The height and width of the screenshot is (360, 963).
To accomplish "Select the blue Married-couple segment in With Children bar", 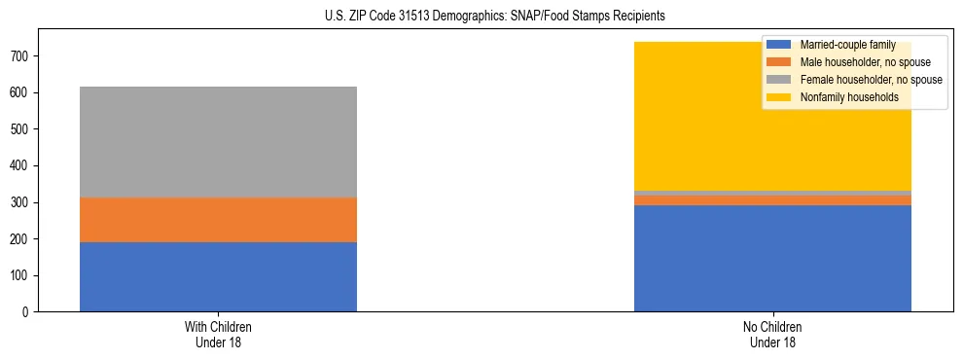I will pos(218,276).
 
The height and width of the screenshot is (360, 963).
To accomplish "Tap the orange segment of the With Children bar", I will pos(218,220).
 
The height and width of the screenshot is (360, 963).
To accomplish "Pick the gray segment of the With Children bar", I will pos(218,142).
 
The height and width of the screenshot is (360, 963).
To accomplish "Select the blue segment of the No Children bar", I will pos(772,258).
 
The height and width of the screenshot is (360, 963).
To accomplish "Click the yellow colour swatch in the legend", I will pos(779,97).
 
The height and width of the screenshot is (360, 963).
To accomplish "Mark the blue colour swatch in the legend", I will pos(779,45).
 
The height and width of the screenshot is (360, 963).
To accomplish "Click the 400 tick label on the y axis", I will pos(22,166).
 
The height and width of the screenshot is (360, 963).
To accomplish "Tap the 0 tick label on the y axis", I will pos(29,312).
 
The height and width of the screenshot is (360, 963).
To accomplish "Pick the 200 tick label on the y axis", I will pos(22,239).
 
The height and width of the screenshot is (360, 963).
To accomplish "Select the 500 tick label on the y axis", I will pos(22,129).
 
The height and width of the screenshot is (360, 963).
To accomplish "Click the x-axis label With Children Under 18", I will pos(218,335).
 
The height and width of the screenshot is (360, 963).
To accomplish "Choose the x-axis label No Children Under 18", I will pos(772,335).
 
